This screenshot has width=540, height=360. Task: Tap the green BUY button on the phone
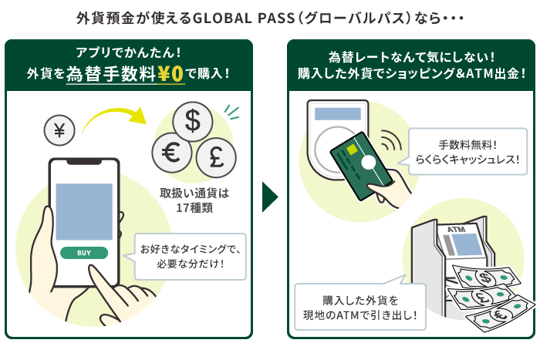84,252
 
